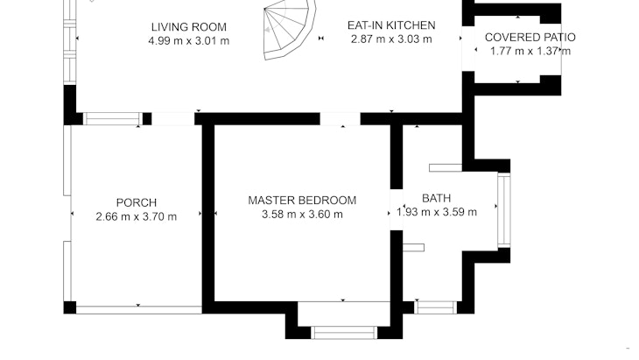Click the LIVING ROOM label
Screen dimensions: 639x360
coord(189,27)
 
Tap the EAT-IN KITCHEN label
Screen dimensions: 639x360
coord(391,25)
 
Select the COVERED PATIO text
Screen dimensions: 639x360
coord(530,38)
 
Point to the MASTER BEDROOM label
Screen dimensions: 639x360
coord(302,201)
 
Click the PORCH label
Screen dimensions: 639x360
coord(136,202)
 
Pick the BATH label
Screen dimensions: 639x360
coord(436,198)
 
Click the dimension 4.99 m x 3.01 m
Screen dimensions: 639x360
coord(189,41)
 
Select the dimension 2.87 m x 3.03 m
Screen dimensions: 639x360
coord(391,39)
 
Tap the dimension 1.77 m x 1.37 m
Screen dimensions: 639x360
coord(530,52)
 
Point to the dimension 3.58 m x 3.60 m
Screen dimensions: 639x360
coord(302,215)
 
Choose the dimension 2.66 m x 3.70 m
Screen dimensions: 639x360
coord(136,216)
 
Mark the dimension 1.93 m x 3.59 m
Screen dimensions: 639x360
coord(437,212)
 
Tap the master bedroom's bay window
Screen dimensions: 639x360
coord(344,333)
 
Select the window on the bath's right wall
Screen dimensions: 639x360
coord(504,210)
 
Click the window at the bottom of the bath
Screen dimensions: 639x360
coord(436,307)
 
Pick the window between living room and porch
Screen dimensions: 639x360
coord(113,118)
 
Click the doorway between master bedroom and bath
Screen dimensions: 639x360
coord(397,209)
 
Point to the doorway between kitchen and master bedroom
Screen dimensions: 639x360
coord(340,118)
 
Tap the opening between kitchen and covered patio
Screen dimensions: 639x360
coord(468,49)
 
